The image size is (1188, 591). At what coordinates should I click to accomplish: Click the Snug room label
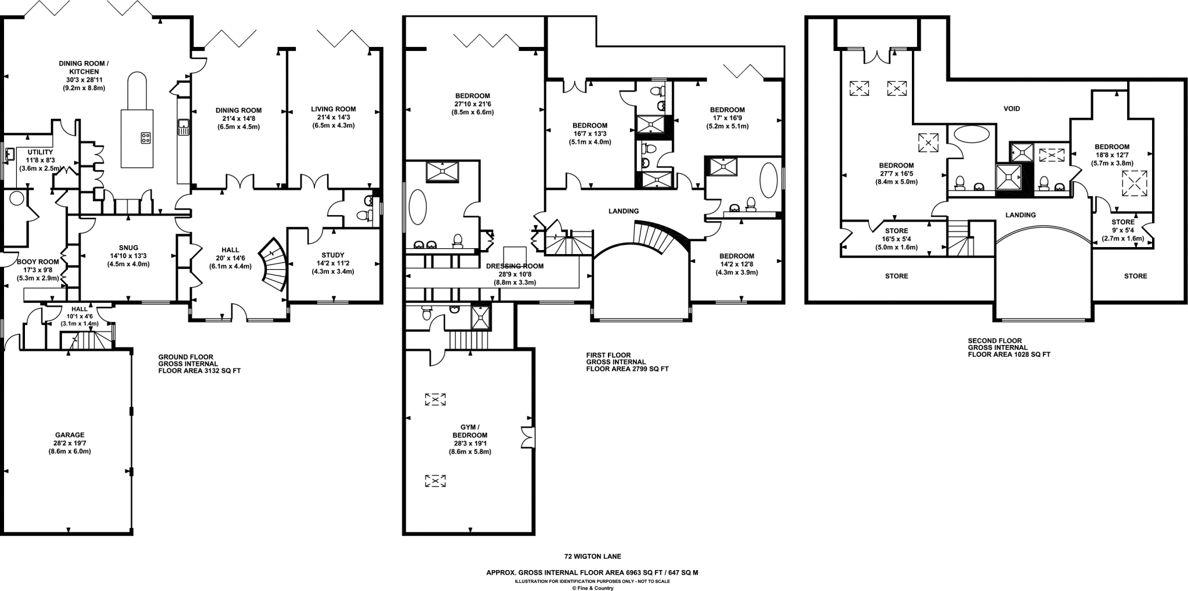tap(128, 248)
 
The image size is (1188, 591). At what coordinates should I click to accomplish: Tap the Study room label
tap(333, 255)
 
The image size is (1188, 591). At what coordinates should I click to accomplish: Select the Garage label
tap(70, 435)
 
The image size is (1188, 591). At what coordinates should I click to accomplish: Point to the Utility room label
tap(40, 152)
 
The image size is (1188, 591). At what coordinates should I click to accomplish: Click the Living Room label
tap(333, 109)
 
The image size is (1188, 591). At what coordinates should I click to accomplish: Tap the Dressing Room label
tap(515, 266)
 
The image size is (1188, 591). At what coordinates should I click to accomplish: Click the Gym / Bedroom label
tap(470, 431)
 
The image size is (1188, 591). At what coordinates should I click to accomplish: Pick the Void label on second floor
tap(1012, 108)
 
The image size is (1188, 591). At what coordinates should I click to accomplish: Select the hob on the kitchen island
tap(146, 137)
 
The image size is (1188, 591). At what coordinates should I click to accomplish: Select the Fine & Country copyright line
tap(592, 588)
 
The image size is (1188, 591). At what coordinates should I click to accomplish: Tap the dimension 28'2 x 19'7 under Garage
tap(70, 443)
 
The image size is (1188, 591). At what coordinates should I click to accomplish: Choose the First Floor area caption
tap(626, 362)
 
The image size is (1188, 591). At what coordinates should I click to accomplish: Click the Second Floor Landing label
tap(1020, 215)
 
